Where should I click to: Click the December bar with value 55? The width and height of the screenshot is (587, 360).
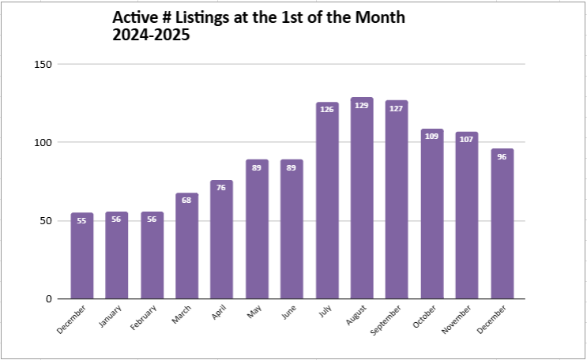point(82,256)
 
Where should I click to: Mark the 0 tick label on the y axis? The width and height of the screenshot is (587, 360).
point(48,298)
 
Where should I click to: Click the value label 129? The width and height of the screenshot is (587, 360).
point(362,106)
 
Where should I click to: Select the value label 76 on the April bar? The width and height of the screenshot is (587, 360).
point(222,188)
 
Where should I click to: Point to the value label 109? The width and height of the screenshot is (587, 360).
point(432,137)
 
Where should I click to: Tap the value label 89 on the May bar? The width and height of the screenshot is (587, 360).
point(257,167)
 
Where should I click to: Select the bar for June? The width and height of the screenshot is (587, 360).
point(292,229)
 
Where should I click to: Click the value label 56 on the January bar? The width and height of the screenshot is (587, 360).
point(117,219)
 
